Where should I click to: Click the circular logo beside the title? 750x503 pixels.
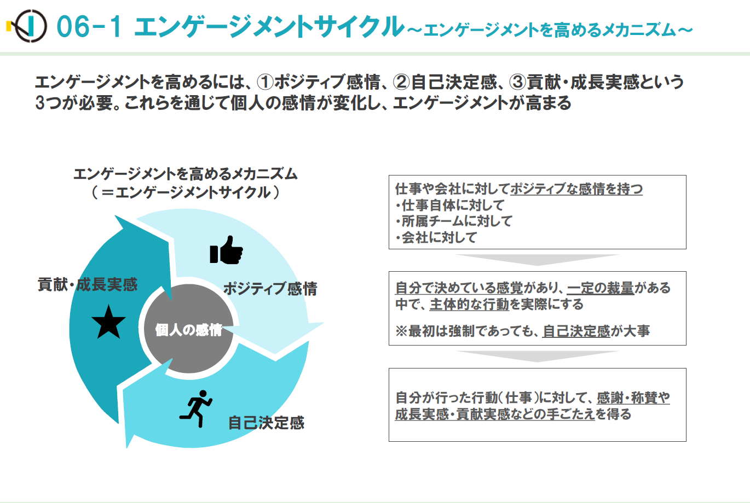pyautogui.click(x=27, y=26)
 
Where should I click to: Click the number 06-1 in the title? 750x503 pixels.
pyautogui.click(x=89, y=27)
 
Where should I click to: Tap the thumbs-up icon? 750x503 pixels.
pyautogui.click(x=226, y=250)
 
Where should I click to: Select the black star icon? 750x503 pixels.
pyautogui.click(x=108, y=321)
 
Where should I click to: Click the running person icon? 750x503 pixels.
pyautogui.click(x=196, y=408)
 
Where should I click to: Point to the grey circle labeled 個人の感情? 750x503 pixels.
pyautogui.click(x=189, y=329)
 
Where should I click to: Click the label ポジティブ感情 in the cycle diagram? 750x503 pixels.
pyautogui.click(x=270, y=289)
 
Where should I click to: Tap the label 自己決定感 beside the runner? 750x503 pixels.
pyautogui.click(x=266, y=423)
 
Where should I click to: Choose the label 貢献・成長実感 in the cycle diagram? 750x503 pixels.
pyautogui.click(x=88, y=285)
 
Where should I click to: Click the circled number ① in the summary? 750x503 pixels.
pyautogui.click(x=265, y=82)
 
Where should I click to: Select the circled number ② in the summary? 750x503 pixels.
pyautogui.click(x=401, y=82)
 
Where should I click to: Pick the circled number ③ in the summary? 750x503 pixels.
pyautogui.click(x=518, y=82)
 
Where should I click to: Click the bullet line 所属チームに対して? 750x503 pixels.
pyautogui.click(x=454, y=221)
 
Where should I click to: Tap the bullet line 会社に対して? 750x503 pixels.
pyautogui.click(x=436, y=237)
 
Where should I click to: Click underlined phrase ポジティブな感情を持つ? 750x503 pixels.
pyautogui.click(x=576, y=189)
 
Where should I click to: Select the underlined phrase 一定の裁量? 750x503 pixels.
pyautogui.click(x=601, y=288)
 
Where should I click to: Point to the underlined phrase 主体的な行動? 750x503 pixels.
pyautogui.click(x=469, y=304)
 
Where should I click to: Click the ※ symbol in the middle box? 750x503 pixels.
pyautogui.click(x=401, y=331)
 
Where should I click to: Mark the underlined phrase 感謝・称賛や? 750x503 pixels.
pyautogui.click(x=633, y=397)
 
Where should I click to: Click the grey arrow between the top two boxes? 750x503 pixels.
pyautogui.click(x=538, y=260)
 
